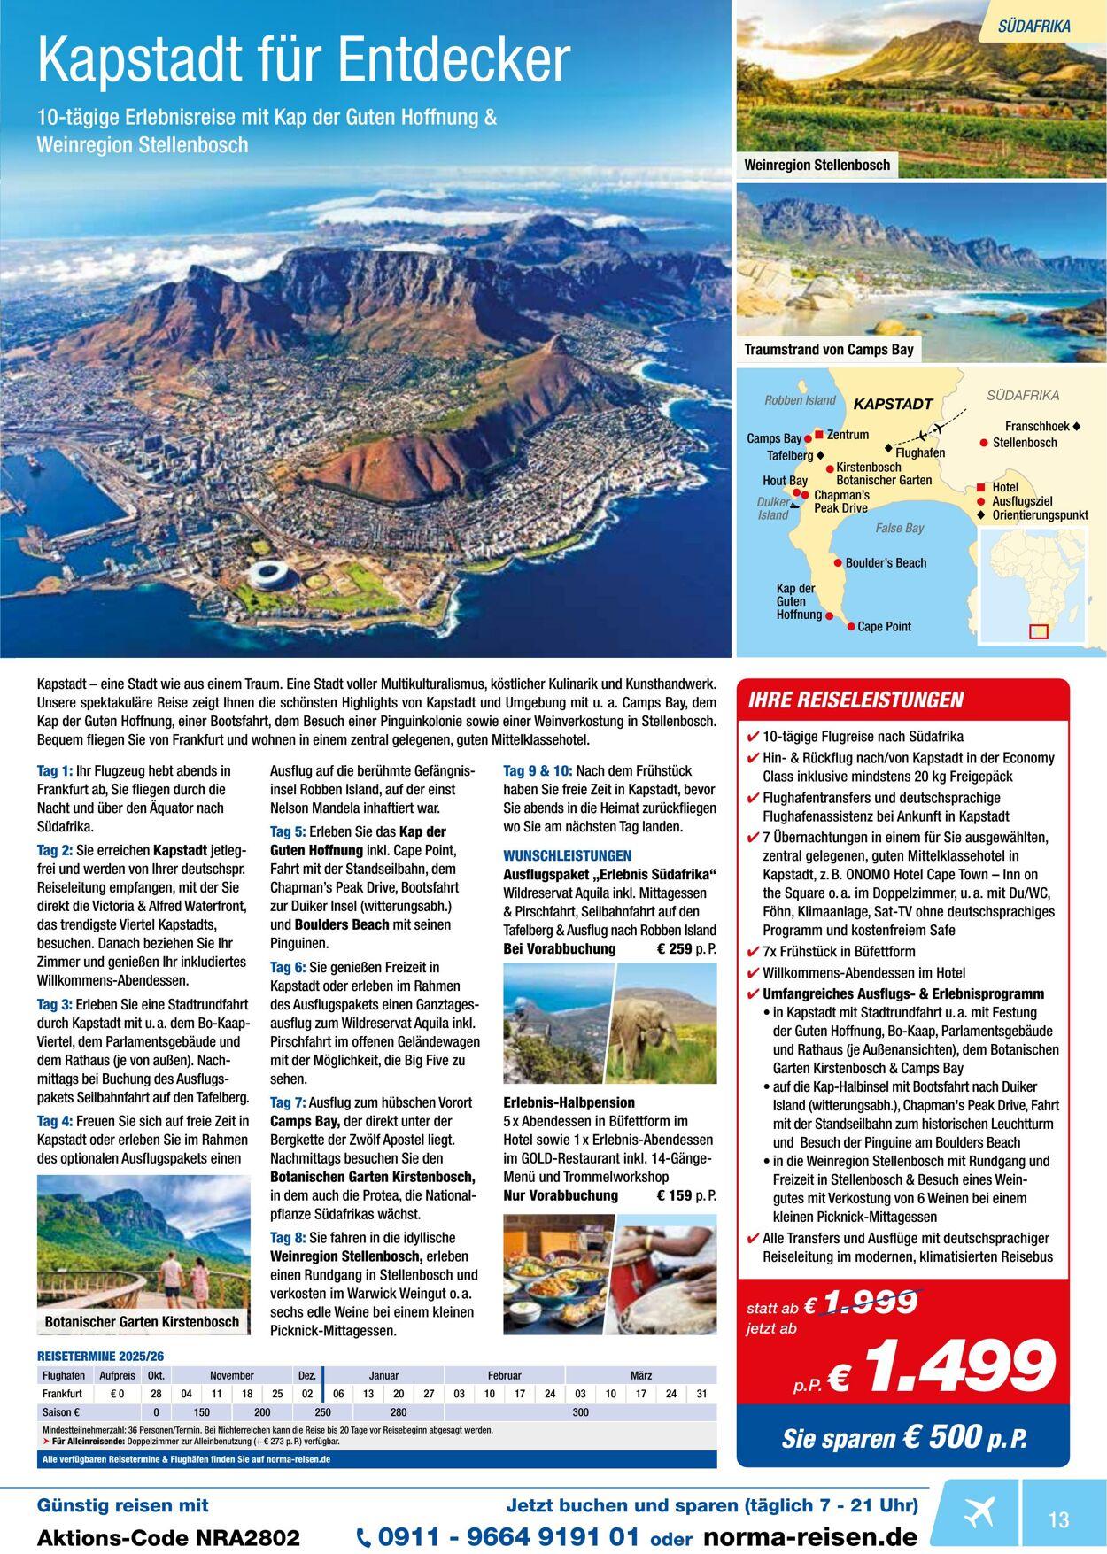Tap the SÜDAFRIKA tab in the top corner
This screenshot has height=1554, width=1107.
1033,27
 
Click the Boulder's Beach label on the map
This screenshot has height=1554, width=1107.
885,563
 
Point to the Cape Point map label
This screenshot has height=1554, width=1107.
884,627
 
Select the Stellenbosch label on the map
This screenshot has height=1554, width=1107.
1024,443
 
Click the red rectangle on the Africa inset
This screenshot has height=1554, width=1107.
1039,631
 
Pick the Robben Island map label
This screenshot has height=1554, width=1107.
800,400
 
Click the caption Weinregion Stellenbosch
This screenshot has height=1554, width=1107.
817,165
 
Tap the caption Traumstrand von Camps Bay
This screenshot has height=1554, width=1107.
828,350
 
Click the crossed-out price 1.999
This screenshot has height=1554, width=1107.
871,1302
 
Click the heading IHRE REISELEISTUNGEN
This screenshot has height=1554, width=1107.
855,700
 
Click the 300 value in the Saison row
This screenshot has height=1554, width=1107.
580,1412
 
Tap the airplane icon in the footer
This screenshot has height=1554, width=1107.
979,1511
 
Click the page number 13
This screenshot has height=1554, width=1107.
1058,1520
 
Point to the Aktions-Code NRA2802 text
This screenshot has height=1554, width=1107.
168,1538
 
